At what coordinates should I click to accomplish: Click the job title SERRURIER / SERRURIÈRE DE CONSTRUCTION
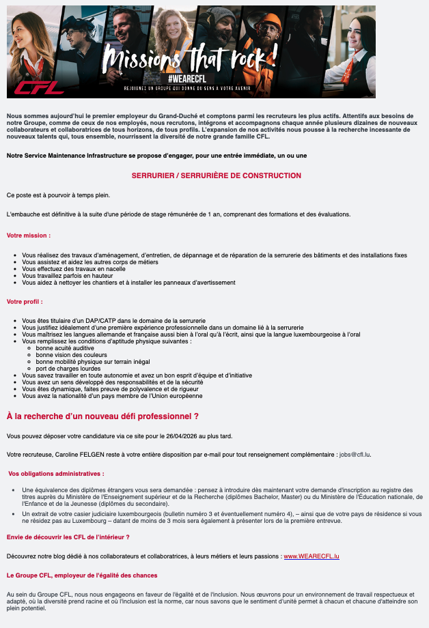click(x=216, y=175)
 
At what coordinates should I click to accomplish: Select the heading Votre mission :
click(x=29, y=235)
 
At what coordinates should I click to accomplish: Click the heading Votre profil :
click(x=25, y=301)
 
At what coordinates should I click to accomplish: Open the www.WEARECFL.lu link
click(x=312, y=556)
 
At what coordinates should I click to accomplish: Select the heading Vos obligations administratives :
click(x=56, y=473)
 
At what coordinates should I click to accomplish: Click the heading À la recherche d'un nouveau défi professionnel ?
click(x=102, y=416)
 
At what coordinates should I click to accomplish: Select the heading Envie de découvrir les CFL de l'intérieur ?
click(x=68, y=537)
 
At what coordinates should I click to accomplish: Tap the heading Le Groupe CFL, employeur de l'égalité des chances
click(x=81, y=575)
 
